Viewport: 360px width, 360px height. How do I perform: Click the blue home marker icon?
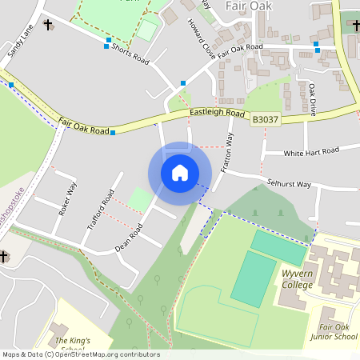(180, 173)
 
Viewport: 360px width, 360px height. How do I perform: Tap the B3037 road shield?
(266, 119)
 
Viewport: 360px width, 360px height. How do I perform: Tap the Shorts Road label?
(130, 54)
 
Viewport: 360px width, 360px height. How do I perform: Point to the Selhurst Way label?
(289, 184)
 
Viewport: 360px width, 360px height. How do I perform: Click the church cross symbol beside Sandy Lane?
(47, 24)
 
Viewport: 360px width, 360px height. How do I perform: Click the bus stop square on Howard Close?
(183, 82)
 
